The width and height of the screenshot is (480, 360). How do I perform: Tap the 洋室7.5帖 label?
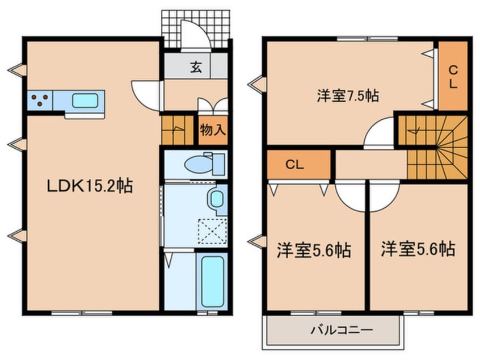click(x=347, y=96)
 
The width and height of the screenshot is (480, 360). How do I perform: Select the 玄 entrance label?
click(x=195, y=68)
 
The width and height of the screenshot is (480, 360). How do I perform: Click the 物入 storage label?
click(x=213, y=130)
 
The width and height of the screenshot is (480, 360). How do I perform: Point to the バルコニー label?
click(x=333, y=329)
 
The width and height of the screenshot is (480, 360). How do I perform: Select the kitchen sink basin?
click(x=83, y=101)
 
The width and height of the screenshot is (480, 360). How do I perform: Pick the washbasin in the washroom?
click(x=216, y=200)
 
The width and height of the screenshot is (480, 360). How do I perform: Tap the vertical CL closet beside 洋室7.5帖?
click(x=453, y=76)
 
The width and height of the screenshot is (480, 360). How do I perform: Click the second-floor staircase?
click(x=434, y=146)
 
